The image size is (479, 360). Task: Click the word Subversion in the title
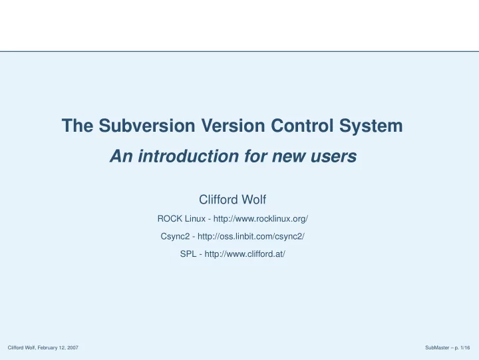[x=147, y=125]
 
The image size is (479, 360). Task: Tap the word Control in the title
[x=302, y=125]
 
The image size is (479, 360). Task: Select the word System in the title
[x=371, y=126]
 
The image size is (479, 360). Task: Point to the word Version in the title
[x=233, y=125]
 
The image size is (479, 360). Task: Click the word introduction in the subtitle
[x=188, y=156]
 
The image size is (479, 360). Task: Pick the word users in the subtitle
[x=333, y=156]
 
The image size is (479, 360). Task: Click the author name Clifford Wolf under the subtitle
[x=232, y=200]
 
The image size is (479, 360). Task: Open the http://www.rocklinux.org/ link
[x=261, y=219]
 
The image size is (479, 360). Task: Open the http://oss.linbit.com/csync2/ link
[x=251, y=236]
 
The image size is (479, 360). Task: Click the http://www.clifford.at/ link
[x=245, y=254]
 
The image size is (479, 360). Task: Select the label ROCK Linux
[x=182, y=219]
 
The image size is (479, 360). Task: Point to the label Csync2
[x=175, y=237]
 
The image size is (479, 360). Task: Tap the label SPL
[x=188, y=254]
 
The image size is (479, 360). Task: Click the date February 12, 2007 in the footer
[x=58, y=348]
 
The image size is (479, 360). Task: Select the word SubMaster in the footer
[x=437, y=348]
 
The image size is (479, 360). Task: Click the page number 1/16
[x=466, y=348]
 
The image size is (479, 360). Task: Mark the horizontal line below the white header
[x=239, y=51]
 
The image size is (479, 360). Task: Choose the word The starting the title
[x=78, y=125]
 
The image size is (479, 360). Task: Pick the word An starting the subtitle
[x=121, y=156]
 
